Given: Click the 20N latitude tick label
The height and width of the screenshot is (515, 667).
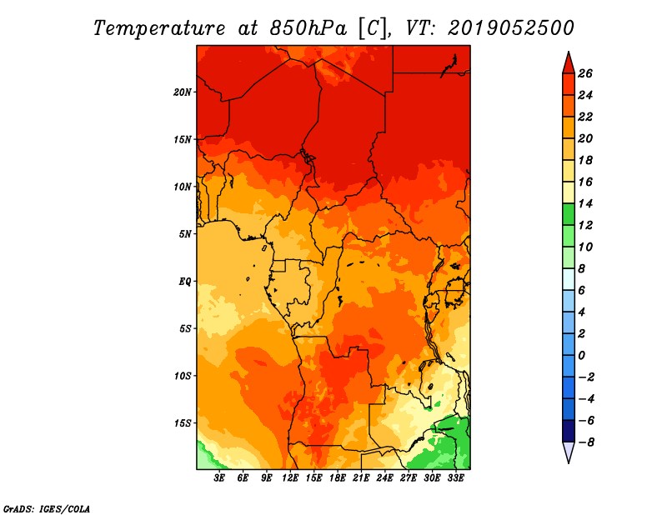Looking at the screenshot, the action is click(x=182, y=92).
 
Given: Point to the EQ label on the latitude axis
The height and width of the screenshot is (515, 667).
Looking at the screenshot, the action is click(x=184, y=282).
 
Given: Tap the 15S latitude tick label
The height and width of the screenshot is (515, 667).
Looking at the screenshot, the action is click(x=182, y=423).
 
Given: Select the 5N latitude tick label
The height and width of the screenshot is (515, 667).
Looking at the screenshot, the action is click(x=185, y=234).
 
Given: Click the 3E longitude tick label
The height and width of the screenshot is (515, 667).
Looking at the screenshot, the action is click(x=219, y=478).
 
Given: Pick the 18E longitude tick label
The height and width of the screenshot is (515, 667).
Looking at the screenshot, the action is click(x=338, y=478).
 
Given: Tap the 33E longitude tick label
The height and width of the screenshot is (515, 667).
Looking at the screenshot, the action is click(x=455, y=478).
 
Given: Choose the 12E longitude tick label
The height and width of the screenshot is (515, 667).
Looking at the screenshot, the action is click(x=290, y=478).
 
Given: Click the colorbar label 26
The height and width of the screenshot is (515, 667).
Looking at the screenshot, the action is click(x=585, y=73).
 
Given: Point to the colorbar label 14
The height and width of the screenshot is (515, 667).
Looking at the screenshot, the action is click(x=585, y=203).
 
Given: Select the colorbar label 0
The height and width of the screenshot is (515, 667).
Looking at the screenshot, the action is click(x=581, y=356).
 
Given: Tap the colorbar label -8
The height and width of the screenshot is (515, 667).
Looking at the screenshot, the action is click(x=586, y=442).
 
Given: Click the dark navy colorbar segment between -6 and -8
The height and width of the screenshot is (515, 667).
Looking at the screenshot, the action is click(x=569, y=431).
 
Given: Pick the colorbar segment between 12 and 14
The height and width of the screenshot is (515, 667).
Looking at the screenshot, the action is click(x=569, y=214).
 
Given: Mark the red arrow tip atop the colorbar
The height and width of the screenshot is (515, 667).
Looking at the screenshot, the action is click(x=569, y=52).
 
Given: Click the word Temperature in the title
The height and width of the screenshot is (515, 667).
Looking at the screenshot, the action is click(x=159, y=28).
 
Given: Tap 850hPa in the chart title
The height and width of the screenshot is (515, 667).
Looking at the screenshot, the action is click(x=308, y=28).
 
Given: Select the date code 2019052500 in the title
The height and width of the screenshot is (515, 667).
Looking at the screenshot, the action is click(x=511, y=28).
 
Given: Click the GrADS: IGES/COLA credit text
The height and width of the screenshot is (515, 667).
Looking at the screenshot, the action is click(x=47, y=509).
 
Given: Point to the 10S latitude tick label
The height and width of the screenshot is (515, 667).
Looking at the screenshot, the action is click(x=182, y=376).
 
